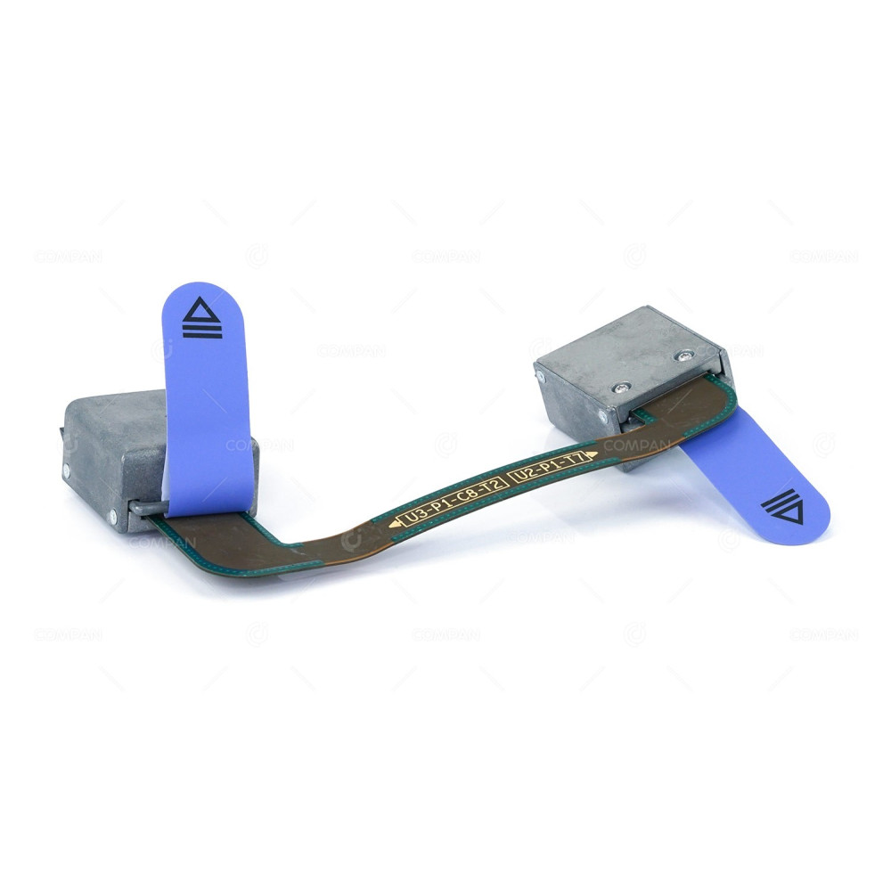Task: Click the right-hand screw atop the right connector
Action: click(683, 356)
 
